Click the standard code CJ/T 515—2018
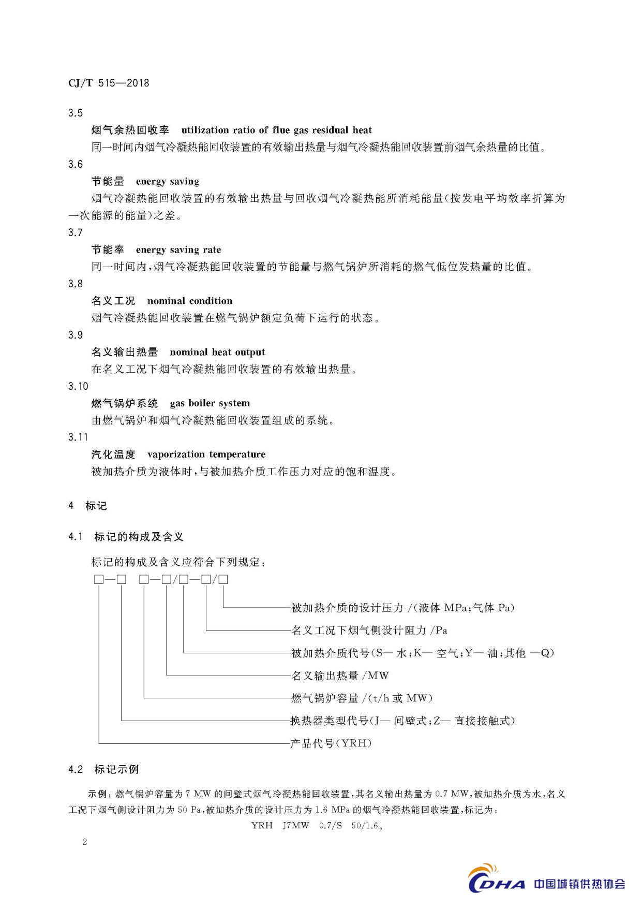point(109,83)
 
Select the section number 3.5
point(76,113)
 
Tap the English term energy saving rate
point(178,250)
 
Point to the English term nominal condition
point(190,301)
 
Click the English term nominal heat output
point(217,352)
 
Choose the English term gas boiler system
point(210,403)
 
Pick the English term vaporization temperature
point(206,454)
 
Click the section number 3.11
point(78,437)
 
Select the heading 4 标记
point(87,506)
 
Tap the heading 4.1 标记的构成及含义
point(126,537)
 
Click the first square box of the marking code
point(99,580)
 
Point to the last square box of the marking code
point(223,580)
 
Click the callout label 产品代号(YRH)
point(331,743)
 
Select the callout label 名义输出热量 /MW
point(339,676)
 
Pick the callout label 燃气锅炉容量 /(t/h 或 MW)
point(361,698)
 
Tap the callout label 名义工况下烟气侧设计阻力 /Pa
point(369,631)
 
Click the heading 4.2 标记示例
point(103,769)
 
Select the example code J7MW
point(296,825)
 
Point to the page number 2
point(85,842)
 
